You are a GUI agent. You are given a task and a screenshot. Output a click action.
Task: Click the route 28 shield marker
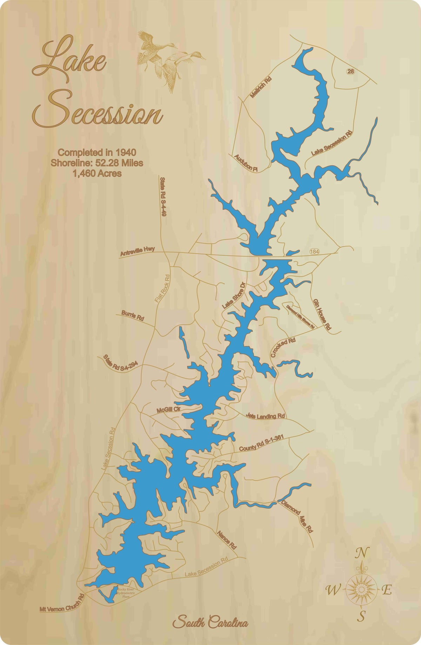click(350, 72)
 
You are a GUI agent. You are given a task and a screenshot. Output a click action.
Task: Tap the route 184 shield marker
click(315, 251)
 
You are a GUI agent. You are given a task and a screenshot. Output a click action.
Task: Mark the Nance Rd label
click(227, 539)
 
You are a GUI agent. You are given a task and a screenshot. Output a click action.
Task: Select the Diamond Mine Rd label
click(297, 516)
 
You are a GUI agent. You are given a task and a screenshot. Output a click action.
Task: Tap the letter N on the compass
click(362, 553)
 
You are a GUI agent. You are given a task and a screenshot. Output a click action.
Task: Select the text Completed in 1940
click(97, 152)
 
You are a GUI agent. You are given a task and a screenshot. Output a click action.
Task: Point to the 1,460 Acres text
click(97, 173)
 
